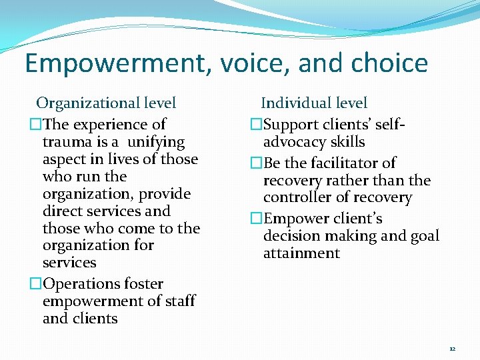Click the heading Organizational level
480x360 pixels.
click(106, 103)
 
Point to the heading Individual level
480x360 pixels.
click(314, 103)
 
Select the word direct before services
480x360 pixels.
click(64, 211)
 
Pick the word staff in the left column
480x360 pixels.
click(179, 301)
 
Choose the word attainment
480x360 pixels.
click(301, 253)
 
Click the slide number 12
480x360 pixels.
click(452, 349)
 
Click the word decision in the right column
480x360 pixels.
click(291, 236)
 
